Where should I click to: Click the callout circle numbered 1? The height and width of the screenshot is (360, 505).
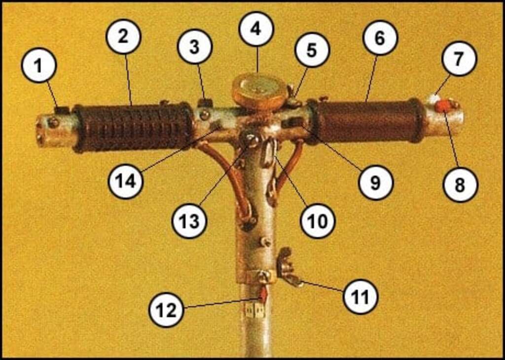click(x=39, y=66)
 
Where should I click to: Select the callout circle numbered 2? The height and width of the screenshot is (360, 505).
click(x=124, y=36)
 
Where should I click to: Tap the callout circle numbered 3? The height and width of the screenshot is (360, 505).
click(x=195, y=46)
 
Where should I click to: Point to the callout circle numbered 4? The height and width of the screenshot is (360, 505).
click(x=256, y=29)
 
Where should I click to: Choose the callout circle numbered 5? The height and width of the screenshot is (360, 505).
click(x=312, y=50)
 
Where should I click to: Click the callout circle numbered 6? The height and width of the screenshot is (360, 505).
click(x=380, y=37)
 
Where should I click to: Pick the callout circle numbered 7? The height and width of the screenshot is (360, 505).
click(x=459, y=58)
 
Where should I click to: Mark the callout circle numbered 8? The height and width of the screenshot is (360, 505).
click(x=460, y=184)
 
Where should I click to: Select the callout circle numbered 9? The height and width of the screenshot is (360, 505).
click(x=376, y=182)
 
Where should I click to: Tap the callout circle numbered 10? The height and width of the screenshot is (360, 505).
click(x=318, y=220)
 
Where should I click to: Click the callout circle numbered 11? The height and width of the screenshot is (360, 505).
click(x=361, y=296)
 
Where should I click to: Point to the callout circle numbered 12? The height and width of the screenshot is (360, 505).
click(x=166, y=310)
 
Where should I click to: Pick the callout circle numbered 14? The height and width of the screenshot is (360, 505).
click(x=126, y=181)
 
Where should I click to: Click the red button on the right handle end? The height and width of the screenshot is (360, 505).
click(x=442, y=106)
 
